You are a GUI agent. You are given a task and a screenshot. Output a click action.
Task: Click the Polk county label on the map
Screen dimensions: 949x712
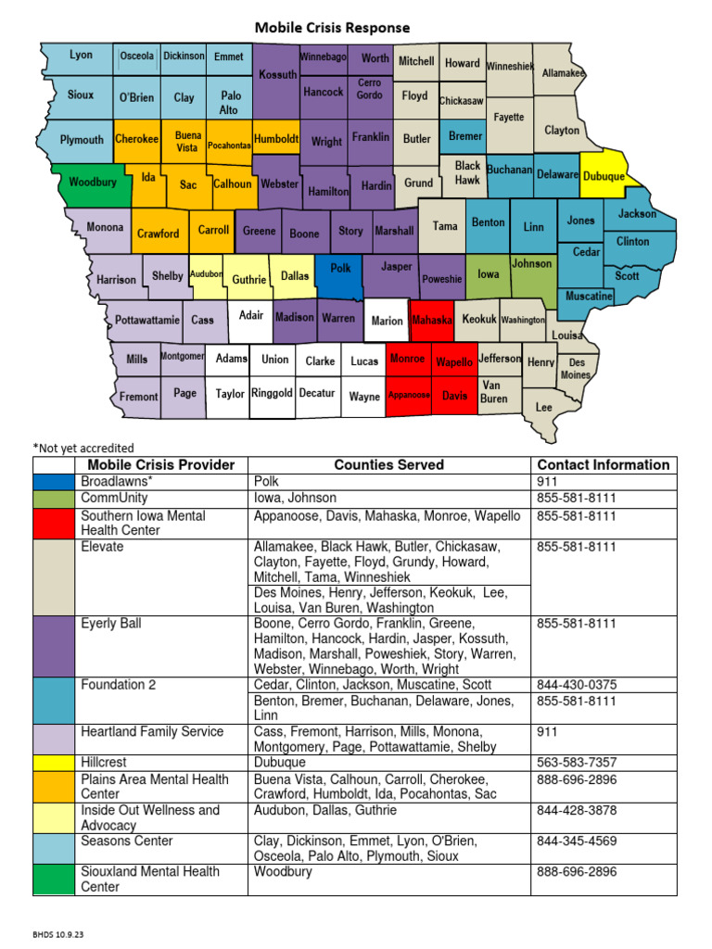341,268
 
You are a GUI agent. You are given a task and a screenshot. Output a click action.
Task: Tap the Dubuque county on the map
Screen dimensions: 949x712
604,176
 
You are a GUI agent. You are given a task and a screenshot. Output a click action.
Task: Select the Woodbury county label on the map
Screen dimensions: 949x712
93,183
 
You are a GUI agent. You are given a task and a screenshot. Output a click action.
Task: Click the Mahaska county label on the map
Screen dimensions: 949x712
432,321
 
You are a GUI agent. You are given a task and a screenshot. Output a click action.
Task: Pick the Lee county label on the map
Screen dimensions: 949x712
544,407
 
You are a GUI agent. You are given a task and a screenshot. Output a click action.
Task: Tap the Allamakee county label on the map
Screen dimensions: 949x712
564,73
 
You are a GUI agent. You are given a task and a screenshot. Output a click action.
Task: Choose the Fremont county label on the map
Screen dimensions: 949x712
139,397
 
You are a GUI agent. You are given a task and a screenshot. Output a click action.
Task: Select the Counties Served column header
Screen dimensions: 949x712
388,465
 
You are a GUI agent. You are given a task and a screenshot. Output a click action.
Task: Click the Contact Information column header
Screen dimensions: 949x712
603,465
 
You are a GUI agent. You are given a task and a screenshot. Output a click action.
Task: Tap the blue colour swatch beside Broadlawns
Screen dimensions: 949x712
54,482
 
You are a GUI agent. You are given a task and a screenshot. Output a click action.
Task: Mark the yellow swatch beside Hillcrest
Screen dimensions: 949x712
54,763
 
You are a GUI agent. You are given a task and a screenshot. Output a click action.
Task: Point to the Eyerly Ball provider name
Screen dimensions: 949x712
111,624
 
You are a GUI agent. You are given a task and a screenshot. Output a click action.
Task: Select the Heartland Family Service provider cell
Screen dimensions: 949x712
152,732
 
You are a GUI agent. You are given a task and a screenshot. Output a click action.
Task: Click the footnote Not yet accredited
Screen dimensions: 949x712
83,449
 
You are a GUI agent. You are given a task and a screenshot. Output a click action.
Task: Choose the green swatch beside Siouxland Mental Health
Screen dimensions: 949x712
54,879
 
